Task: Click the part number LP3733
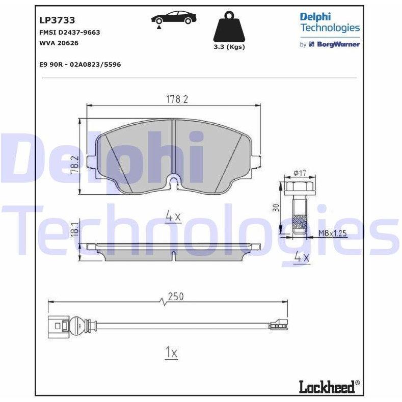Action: click(x=57, y=20)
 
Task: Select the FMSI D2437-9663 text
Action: click(x=69, y=32)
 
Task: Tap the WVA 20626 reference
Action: click(x=59, y=43)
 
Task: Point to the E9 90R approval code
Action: click(x=80, y=64)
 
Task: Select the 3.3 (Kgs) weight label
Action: click(x=229, y=47)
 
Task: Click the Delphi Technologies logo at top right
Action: click(x=330, y=22)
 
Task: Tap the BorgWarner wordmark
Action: click(x=338, y=44)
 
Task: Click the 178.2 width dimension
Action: click(x=177, y=99)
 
